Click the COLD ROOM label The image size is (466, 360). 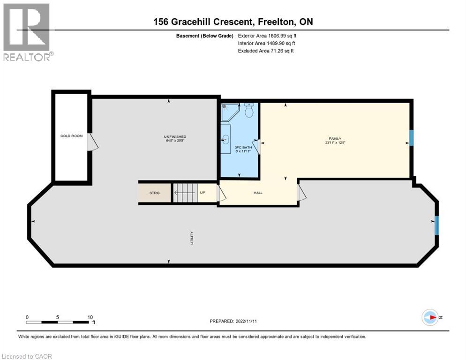(x=71, y=136)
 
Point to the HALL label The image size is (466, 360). (x=258, y=193)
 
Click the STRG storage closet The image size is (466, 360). (x=154, y=193)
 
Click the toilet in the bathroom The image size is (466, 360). (x=249, y=111)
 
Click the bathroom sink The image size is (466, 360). (x=225, y=139)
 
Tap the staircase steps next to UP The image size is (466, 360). (x=185, y=192)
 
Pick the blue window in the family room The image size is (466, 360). (x=411, y=138)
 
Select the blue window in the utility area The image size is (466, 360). (x=436, y=225)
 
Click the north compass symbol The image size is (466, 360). (x=430, y=317)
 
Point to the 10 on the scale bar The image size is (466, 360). (x=90, y=317)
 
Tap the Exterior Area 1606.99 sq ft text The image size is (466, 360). (x=267, y=36)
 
